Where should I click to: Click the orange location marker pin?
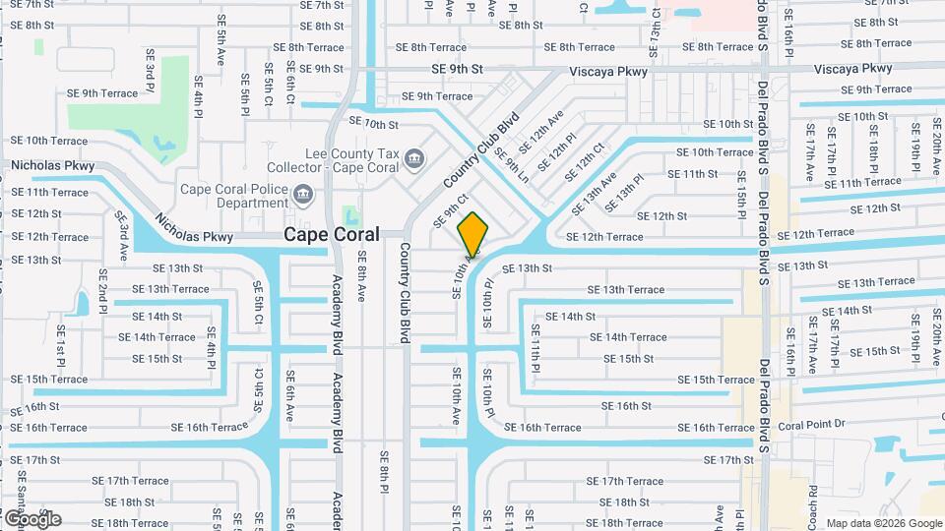click(x=473, y=235)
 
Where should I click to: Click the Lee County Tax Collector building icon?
click(x=414, y=157)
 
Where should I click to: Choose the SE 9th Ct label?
click(x=447, y=210)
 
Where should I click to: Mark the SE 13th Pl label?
click(x=624, y=193)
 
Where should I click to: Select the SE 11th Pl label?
click(x=535, y=345)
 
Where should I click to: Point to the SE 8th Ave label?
click(x=361, y=278)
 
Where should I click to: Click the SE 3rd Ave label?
click(x=121, y=235)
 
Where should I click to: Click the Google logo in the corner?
click(x=32, y=518)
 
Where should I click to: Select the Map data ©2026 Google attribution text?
click(x=883, y=523)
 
